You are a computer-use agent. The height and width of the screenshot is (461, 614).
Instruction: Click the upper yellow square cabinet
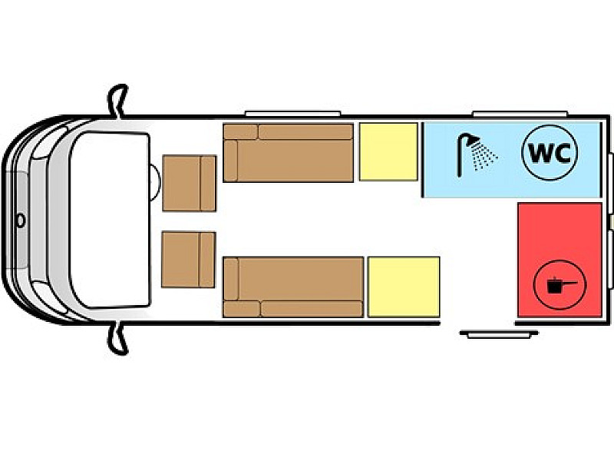tap(388, 152)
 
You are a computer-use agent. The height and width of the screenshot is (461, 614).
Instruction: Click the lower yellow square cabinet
tap(403, 287)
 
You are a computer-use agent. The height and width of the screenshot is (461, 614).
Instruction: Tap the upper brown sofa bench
tap(289, 153)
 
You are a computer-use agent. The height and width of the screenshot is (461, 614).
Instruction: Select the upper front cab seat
tap(189, 183)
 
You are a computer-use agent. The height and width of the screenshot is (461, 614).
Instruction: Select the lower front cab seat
tap(189, 259)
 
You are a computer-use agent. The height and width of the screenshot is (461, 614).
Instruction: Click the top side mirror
tap(117, 100)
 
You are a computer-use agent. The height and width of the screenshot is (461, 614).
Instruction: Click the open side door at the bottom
tap(490, 333)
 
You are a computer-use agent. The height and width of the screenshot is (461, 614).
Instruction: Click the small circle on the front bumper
tap(21, 221)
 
